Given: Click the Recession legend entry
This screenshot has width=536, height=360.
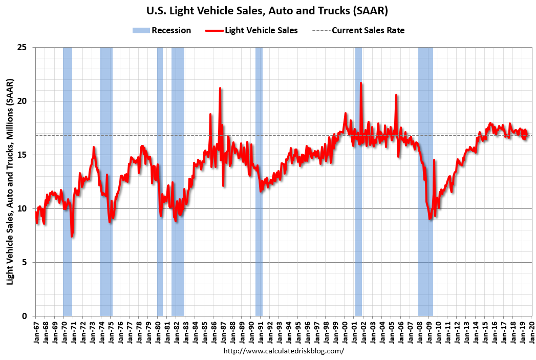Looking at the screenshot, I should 162,30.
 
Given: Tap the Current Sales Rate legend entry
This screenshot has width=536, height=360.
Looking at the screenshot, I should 358,30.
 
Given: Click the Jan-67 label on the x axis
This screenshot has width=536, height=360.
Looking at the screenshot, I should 36,332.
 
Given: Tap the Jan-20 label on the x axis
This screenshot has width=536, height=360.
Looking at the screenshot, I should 532,332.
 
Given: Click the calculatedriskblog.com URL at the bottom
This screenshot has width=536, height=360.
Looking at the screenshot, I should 284,351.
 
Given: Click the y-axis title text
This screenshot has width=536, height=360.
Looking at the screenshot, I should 10,182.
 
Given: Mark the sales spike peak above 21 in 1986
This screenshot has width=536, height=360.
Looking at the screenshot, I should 220,88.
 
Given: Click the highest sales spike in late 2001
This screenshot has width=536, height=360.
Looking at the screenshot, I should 361,83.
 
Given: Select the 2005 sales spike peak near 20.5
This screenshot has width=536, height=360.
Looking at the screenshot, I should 396,95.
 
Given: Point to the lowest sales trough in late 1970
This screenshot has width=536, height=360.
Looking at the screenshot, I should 72,236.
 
